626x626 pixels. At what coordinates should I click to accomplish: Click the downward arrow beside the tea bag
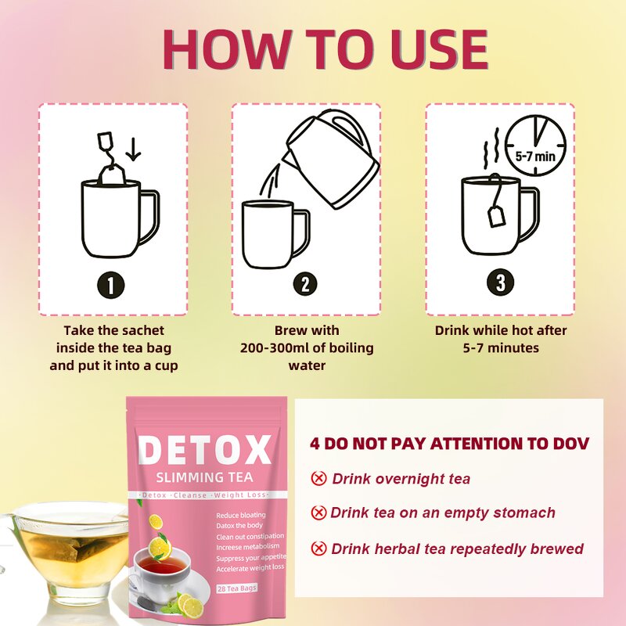133,148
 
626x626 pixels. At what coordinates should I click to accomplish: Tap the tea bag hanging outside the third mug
496,213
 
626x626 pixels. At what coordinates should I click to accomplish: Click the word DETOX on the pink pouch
205,452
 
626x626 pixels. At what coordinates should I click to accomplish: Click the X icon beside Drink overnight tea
318,478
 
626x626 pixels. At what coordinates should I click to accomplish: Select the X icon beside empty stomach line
318,513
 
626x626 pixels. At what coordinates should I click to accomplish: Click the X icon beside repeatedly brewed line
318,549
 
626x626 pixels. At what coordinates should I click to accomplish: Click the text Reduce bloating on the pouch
242,515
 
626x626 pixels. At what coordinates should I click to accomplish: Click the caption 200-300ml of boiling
307,347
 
